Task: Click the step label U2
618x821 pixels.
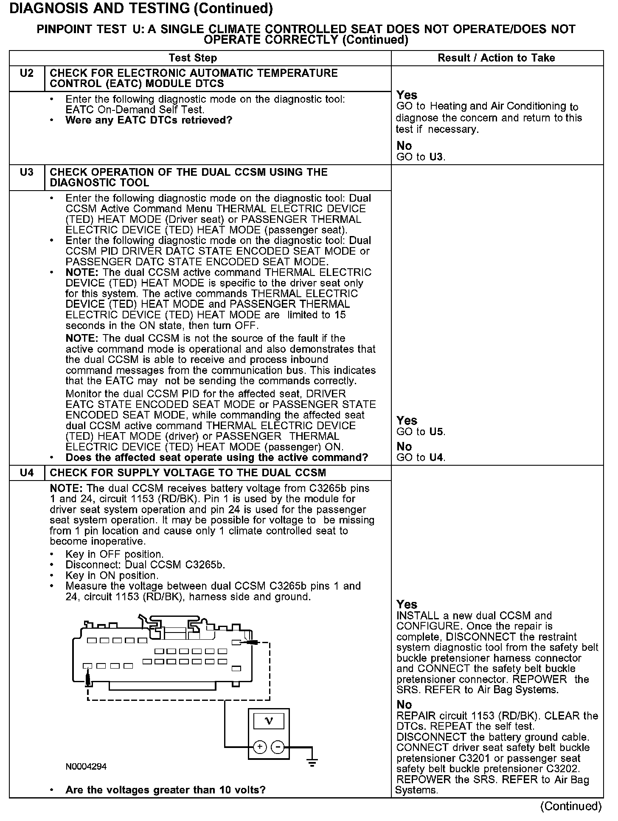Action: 26,73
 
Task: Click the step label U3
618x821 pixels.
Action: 26,172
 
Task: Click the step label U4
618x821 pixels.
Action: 26,472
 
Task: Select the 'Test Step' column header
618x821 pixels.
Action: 193,58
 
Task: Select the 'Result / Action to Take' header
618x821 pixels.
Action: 496,58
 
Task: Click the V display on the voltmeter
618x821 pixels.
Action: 268,720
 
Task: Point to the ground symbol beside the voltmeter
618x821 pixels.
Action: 312,762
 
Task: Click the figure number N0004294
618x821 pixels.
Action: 86,767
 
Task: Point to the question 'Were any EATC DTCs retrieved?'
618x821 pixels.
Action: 149,120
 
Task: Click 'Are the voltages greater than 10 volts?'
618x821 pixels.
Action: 166,790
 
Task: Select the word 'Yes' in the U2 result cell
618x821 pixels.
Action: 407,95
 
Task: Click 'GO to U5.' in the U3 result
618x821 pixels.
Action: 421,432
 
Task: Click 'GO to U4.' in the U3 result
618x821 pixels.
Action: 421,458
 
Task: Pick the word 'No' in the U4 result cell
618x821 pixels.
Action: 404,705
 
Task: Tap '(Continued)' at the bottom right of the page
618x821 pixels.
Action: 571,807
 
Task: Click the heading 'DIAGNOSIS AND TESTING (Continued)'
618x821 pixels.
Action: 141,8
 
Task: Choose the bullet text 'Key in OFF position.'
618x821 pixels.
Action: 115,554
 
